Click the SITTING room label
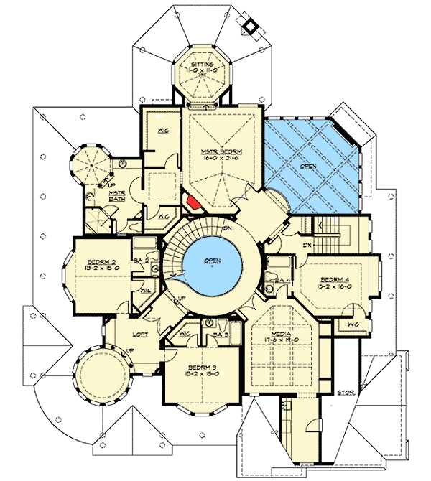point(201,65)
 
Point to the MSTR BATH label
point(117,195)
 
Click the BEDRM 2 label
point(98,261)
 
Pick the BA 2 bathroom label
point(141,261)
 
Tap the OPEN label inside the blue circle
point(211,260)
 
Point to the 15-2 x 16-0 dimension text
point(334,286)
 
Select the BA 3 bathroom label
point(221,335)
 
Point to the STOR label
point(346,392)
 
